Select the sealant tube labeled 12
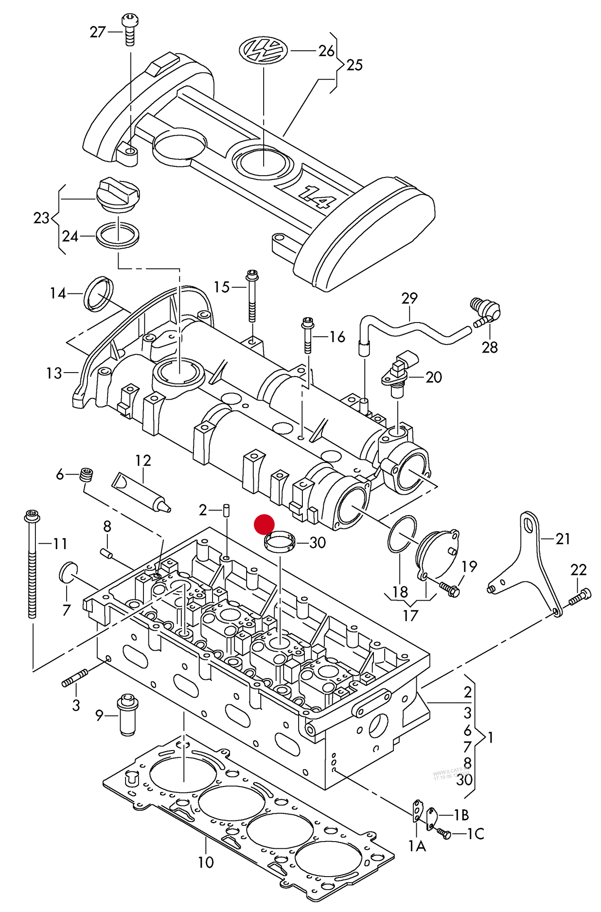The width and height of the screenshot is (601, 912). coord(141,492)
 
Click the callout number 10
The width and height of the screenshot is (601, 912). coord(205,862)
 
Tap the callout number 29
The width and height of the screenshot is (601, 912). coord(409,298)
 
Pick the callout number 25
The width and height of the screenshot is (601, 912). coord(354,65)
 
